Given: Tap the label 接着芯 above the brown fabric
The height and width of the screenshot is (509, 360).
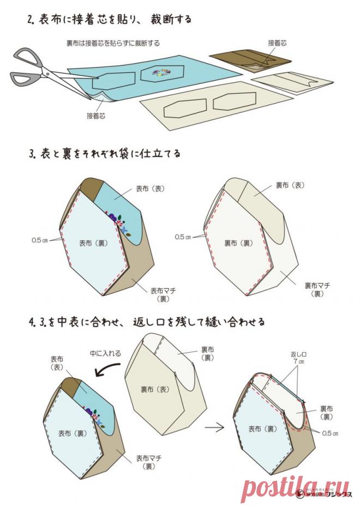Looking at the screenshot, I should coord(278,42).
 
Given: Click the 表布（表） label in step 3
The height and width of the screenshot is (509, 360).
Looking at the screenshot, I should coord(150,189).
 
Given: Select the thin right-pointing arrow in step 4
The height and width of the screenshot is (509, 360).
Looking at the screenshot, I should coord(217,427).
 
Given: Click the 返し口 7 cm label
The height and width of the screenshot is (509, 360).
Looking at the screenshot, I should coord(298,357).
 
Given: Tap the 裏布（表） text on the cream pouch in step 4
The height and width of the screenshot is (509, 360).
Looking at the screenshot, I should coord(155,390).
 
